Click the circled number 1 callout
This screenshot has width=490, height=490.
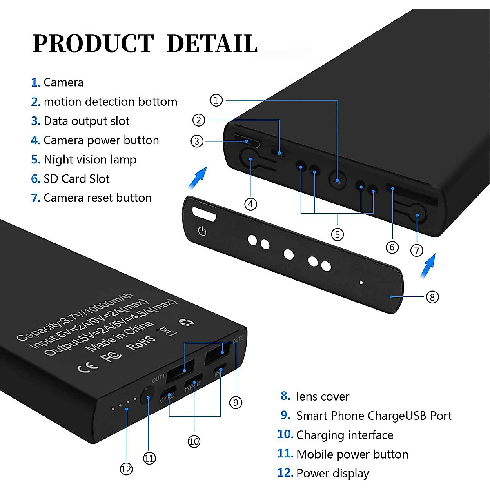(216, 100)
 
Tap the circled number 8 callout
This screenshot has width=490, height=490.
(432, 297)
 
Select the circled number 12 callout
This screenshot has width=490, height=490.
(126, 469)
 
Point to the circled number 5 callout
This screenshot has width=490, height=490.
(337, 234)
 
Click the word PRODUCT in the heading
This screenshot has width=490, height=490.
(93, 44)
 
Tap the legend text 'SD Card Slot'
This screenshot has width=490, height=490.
(76, 179)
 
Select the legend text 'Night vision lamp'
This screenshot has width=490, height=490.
(90, 159)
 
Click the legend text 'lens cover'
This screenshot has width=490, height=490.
(323, 396)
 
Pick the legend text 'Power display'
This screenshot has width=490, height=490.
(333, 473)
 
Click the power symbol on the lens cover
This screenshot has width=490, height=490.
(202, 232)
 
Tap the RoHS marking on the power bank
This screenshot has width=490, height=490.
(141, 343)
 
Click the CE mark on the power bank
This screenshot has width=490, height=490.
(88, 365)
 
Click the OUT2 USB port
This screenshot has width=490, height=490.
(216, 353)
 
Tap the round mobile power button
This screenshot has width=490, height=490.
(147, 396)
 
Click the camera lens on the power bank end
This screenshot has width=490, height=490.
(338, 180)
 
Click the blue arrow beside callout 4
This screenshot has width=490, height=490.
(198, 178)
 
